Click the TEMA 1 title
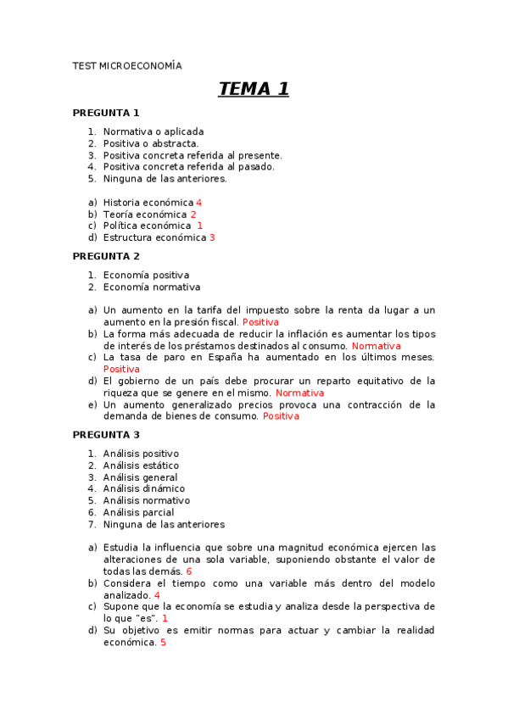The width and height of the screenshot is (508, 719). [254, 89]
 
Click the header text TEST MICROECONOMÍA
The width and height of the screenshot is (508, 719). [127, 65]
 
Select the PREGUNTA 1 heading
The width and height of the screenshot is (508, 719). [106, 113]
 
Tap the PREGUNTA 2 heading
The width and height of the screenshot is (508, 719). [106, 256]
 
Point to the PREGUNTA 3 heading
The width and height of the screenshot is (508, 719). [106, 435]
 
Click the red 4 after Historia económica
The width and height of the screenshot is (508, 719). [198, 203]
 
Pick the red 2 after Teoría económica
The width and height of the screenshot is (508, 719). [193, 215]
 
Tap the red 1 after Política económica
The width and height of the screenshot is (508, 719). [200, 226]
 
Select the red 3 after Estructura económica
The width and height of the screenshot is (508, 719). [212, 237]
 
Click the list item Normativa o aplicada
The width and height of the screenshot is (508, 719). [154, 131]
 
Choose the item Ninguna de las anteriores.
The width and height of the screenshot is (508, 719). [165, 179]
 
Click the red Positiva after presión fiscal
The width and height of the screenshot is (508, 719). [260, 322]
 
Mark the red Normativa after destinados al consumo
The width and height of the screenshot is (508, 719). [376, 346]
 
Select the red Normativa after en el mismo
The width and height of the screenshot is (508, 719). [299, 393]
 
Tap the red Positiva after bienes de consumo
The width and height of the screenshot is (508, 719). [281, 416]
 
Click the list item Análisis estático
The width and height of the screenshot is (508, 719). [141, 465]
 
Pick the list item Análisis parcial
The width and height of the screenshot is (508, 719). [138, 512]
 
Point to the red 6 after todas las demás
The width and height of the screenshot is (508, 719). [189, 571]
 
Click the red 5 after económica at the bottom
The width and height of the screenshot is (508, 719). [163, 642]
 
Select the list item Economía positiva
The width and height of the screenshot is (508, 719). [146, 275]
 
